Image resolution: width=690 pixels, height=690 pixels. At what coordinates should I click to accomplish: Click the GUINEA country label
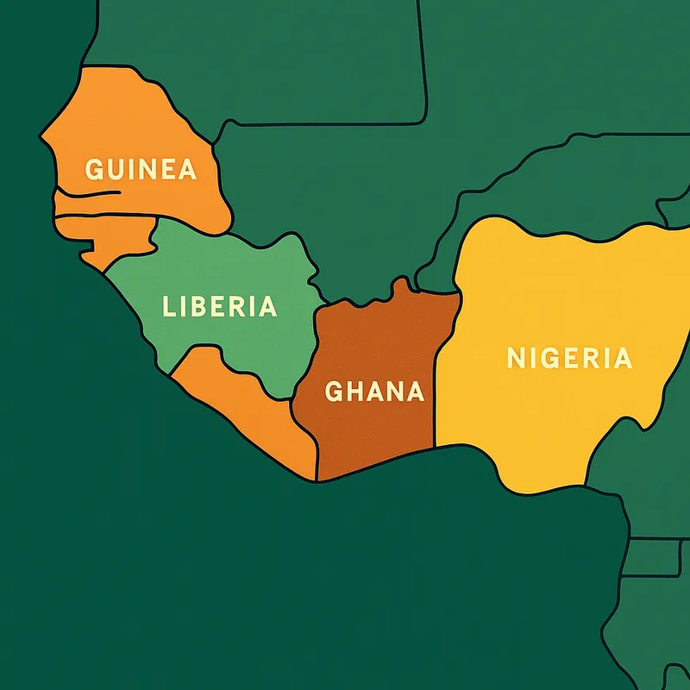point(141,169)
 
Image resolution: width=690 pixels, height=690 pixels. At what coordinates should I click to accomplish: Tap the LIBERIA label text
point(220,306)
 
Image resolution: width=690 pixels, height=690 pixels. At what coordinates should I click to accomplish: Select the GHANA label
point(374,392)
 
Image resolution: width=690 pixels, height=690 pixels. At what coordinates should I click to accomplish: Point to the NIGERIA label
point(569,358)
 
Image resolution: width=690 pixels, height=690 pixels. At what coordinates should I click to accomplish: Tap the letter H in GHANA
point(354,392)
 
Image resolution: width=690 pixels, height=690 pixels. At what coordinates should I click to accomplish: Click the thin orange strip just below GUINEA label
point(103,204)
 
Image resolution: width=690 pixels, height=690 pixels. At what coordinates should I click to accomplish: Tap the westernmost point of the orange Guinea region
point(41,136)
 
